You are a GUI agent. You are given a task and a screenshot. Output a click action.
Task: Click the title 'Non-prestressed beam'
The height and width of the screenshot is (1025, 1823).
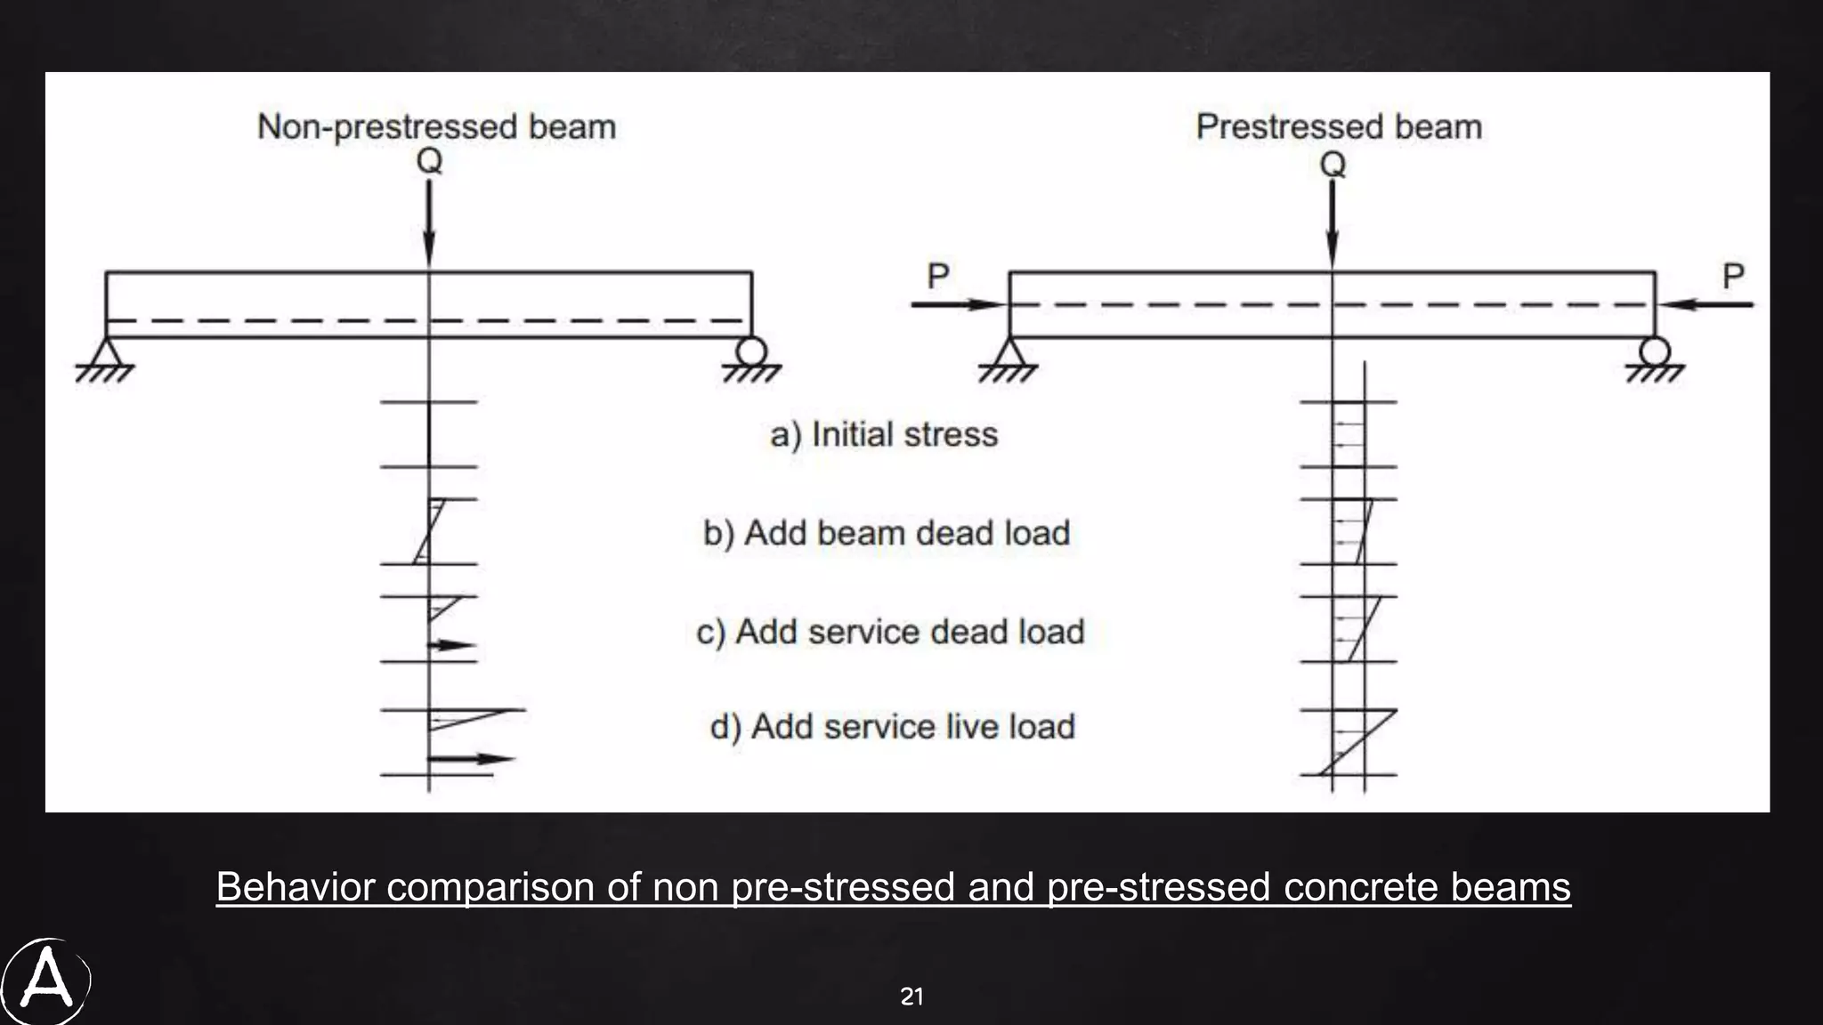436,126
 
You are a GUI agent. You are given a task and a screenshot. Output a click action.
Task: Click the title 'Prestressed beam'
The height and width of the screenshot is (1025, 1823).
1338,126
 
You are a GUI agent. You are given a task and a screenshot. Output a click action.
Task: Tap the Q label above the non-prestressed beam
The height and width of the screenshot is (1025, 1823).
429,161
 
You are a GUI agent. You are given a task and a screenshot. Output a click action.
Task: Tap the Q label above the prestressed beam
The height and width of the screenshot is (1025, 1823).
1333,165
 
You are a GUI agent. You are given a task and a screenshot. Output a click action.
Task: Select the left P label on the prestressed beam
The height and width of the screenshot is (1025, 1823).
937,276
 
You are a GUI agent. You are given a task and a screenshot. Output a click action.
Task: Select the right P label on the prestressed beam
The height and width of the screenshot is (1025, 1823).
1732,276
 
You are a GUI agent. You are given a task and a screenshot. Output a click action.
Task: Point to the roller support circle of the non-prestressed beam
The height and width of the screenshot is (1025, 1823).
751,351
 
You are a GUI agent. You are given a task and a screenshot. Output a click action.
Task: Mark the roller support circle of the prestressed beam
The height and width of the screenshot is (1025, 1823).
1655,351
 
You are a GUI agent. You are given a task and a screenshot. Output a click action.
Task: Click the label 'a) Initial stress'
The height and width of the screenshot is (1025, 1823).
883,434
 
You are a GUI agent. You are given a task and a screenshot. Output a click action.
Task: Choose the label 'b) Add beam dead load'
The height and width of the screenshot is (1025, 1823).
887,533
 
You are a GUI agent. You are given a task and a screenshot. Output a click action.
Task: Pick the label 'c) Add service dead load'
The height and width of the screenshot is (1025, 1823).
890,632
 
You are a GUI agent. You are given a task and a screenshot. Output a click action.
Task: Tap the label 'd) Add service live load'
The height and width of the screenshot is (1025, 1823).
892,727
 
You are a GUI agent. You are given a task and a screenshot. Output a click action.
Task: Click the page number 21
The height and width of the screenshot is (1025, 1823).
911,997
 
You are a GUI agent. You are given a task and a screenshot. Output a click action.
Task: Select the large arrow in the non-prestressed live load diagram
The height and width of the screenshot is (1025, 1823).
472,759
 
